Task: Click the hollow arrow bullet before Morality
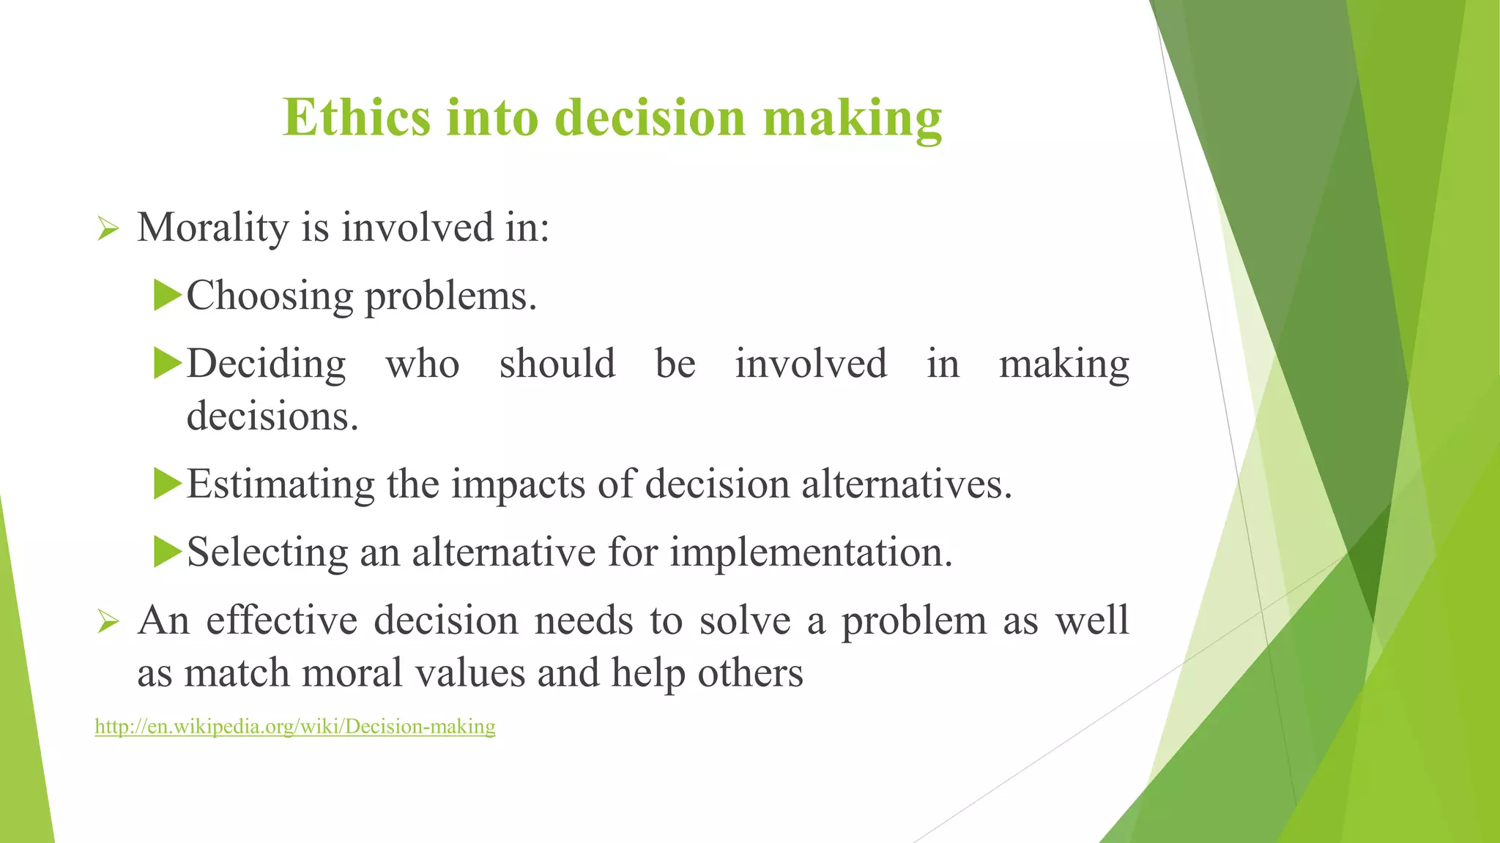pyautogui.click(x=108, y=230)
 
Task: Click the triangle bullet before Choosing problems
pyautogui.click(x=168, y=296)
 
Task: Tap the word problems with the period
pyautogui.click(x=450, y=297)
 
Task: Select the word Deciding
pyautogui.click(x=267, y=364)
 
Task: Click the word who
pyautogui.click(x=423, y=364)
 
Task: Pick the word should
pyautogui.click(x=557, y=364)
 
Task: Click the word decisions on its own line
pyautogui.click(x=272, y=417)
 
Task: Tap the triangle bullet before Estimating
pyautogui.click(x=168, y=484)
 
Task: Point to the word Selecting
pyautogui.click(x=267, y=552)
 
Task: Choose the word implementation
pyautogui.click(x=812, y=552)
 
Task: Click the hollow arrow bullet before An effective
pyautogui.click(x=108, y=623)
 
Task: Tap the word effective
pyautogui.click(x=281, y=621)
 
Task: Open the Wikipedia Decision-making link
pyautogui.click(x=295, y=727)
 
